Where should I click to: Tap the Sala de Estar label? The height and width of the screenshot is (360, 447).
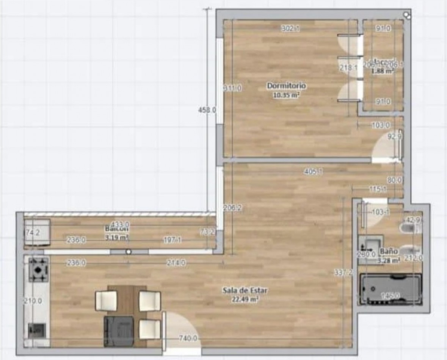coord(245,291)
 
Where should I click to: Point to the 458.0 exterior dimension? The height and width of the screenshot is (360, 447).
coord(207,110)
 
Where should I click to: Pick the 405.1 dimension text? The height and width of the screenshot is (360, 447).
coord(313,172)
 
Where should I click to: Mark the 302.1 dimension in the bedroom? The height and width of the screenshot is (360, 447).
coord(290,28)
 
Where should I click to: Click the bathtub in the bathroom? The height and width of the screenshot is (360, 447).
coord(390,289)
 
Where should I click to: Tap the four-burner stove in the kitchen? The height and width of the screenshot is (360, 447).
coord(39,269)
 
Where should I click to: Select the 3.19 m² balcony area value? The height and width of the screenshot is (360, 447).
coord(117,238)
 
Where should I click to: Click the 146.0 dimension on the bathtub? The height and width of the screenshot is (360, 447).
coord(390,296)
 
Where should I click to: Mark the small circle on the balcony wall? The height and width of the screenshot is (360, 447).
coord(129,251)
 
